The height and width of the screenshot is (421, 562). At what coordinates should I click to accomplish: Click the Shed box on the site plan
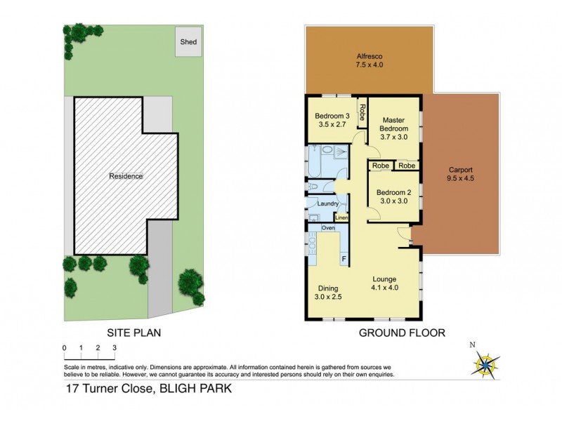188,41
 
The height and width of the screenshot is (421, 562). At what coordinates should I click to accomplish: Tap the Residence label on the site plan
126,176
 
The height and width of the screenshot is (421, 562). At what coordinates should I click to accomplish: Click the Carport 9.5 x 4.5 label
461,174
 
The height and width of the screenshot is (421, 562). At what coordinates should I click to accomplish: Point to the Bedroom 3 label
332,120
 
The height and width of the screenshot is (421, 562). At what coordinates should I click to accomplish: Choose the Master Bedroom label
393,129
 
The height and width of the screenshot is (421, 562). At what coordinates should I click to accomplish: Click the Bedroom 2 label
393,197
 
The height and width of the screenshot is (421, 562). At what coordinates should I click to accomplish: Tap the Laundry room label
328,204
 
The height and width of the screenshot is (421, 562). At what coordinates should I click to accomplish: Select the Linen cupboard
341,218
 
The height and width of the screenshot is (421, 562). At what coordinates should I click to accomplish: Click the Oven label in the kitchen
328,228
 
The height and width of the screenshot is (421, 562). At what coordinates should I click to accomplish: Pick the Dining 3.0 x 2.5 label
328,293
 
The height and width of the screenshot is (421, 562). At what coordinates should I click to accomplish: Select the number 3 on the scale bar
115,348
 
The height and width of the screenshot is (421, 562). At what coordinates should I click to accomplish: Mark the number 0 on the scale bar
64,348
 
